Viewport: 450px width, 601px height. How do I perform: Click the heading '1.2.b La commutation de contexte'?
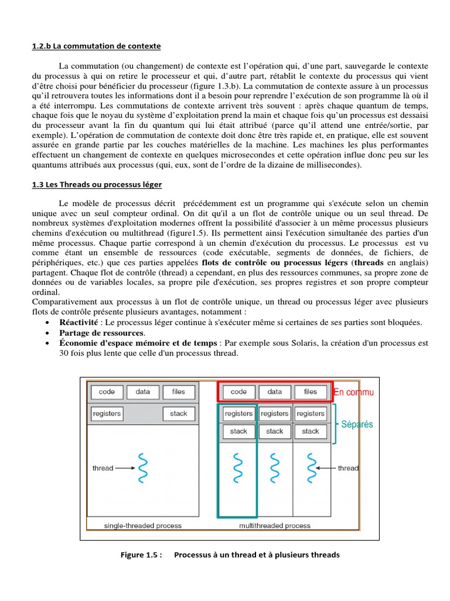pyautogui.click(x=96, y=46)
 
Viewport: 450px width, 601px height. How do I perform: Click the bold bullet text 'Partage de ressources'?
pyautogui.click(x=101, y=333)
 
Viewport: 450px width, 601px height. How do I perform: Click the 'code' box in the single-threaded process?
pyautogui.click(x=107, y=391)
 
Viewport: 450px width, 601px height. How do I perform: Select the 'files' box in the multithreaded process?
pyautogui.click(x=311, y=391)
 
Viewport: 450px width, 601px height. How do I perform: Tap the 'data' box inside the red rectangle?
pyautogui.click(x=274, y=391)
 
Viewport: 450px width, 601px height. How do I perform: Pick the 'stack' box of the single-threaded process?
pyautogui.click(x=179, y=413)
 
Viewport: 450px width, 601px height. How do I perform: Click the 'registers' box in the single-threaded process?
pyautogui.click(x=107, y=413)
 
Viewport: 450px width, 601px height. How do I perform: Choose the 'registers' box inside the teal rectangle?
pyautogui.click(x=238, y=413)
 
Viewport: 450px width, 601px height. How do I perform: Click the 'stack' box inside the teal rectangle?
pyautogui.click(x=238, y=431)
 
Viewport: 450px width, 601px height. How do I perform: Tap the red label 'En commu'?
pyautogui.click(x=353, y=391)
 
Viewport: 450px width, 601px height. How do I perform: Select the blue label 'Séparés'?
pyautogui.click(x=357, y=424)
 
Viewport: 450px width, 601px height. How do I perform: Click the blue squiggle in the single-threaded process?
pyautogui.click(x=142, y=468)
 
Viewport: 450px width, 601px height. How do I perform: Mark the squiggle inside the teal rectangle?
pyautogui.click(x=238, y=468)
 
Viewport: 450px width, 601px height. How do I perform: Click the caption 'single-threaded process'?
pyautogui.click(x=142, y=525)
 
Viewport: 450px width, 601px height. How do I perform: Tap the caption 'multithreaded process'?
pyautogui.click(x=275, y=525)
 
